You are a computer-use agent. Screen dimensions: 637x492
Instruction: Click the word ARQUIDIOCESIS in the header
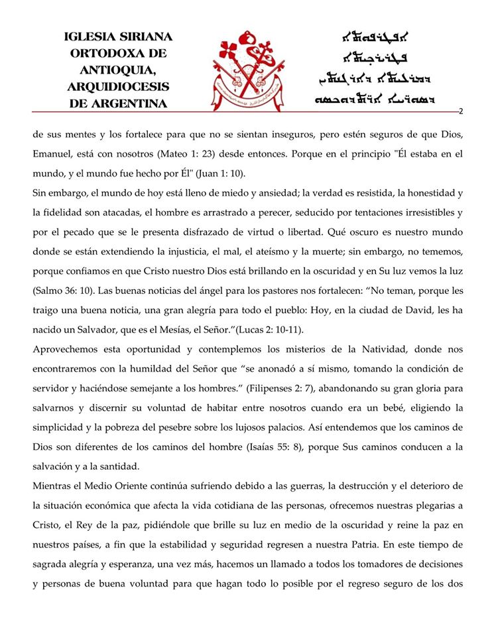click(x=118, y=87)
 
